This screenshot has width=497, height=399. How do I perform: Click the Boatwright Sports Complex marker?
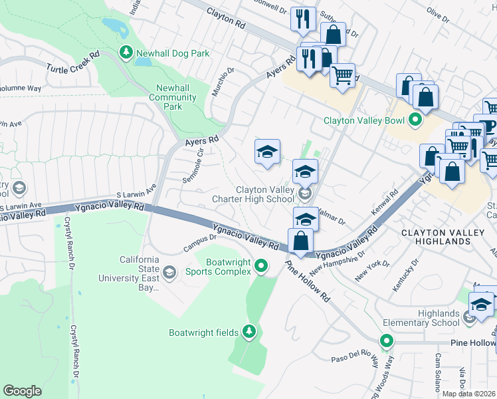(261, 267)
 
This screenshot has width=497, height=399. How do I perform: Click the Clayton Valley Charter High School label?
(265, 194)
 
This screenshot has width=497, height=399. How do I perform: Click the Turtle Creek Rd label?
(73, 63)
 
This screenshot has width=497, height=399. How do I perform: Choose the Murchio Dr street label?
(223, 81)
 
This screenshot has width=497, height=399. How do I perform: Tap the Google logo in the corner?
(22, 391)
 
